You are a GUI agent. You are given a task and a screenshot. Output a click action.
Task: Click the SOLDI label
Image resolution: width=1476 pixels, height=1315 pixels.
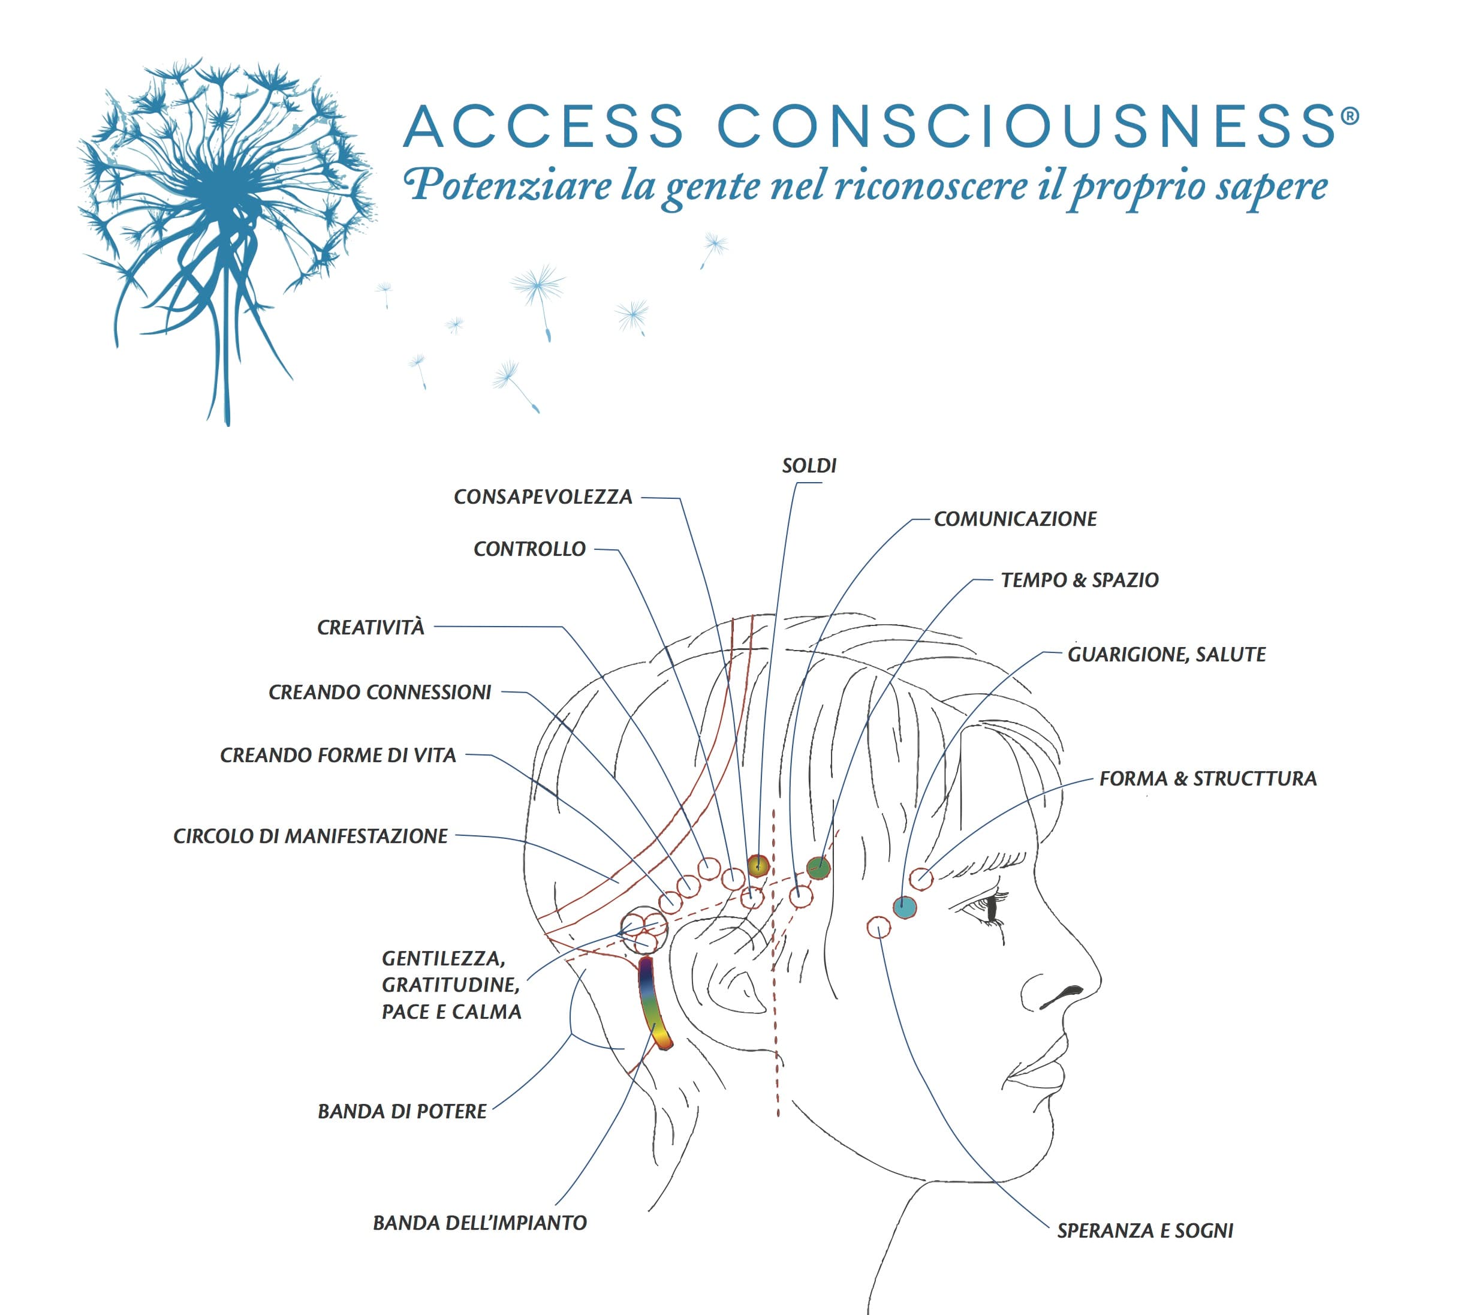tap(809, 466)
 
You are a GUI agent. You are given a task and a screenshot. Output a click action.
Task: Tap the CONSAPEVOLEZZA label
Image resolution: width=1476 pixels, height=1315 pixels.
tap(543, 497)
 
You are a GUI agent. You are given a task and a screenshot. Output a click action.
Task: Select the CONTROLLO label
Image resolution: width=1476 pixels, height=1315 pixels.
tap(529, 549)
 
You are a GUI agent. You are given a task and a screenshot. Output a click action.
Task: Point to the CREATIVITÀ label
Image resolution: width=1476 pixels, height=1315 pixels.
tap(370, 627)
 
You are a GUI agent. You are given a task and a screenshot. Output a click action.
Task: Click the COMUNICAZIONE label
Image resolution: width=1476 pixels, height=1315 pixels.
tap(1015, 519)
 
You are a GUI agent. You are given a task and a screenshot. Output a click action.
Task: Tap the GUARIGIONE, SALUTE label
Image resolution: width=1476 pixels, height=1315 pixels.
tap(1167, 655)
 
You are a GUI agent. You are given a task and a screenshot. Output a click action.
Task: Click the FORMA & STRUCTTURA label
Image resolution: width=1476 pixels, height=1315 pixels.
tap(1208, 779)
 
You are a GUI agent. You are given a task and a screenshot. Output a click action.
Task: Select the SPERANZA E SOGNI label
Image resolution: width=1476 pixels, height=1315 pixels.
tap(1145, 1230)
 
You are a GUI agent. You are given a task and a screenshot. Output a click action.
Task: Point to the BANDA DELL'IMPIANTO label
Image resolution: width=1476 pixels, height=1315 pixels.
tap(480, 1223)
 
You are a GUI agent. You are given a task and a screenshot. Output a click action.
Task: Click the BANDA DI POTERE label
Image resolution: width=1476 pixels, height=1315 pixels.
tap(402, 1111)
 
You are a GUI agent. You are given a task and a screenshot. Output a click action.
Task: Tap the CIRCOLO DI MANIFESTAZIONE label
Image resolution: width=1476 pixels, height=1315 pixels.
tap(311, 836)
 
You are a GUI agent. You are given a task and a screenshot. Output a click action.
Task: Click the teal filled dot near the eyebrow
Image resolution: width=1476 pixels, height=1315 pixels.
tap(905, 907)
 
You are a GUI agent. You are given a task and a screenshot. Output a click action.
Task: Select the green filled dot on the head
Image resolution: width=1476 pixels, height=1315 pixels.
tap(818, 868)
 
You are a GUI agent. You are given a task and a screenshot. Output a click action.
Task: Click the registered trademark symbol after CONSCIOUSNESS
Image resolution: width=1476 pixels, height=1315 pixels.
tap(1350, 116)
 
